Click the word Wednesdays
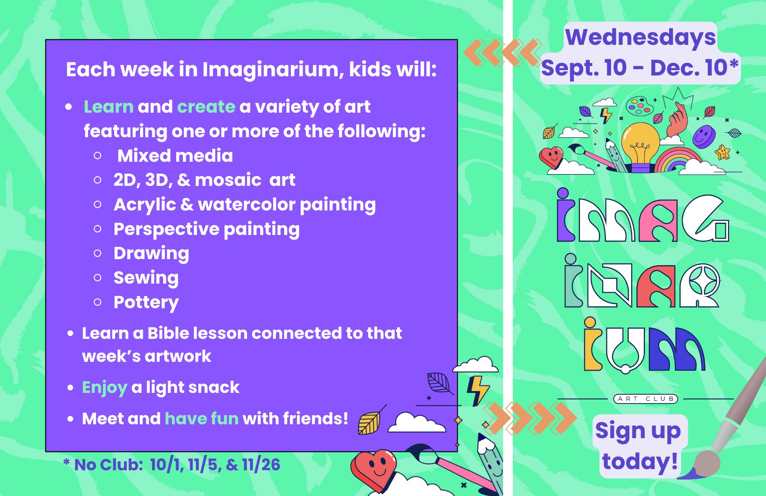click(640, 37)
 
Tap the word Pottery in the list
click(146, 302)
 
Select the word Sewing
click(146, 278)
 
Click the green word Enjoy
click(104, 388)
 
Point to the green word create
click(206, 107)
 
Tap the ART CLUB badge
click(646, 399)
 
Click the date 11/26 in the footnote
click(261, 465)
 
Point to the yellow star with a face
click(723, 152)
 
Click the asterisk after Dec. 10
click(733, 64)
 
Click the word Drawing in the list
click(151, 253)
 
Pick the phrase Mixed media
click(175, 156)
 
